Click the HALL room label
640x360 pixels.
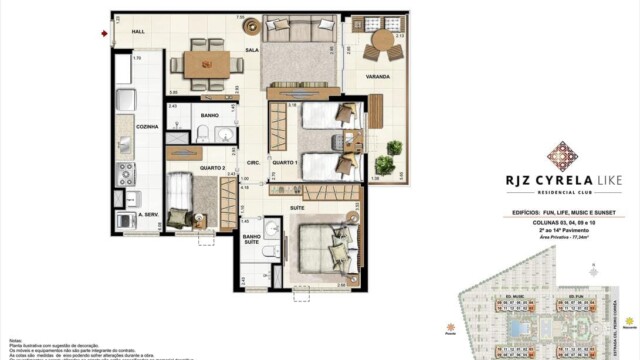(x=138, y=32)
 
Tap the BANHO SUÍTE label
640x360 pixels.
(x=250, y=240)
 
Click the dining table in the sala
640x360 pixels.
(x=209, y=63)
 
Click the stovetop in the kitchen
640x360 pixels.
(x=125, y=176)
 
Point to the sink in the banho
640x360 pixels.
(x=228, y=135)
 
